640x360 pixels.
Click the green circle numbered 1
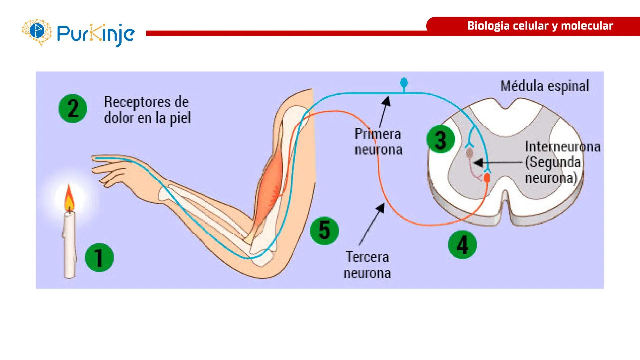pyautogui.click(x=99, y=257)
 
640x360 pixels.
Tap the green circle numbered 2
pyautogui.click(x=73, y=108)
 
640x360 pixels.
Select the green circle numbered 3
pyautogui.click(x=441, y=139)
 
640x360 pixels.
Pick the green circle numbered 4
pyautogui.click(x=462, y=245)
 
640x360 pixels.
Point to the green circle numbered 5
pyautogui.click(x=324, y=230)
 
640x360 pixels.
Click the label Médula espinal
pyautogui.click(x=545, y=86)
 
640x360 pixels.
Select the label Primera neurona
pyautogui.click(x=378, y=142)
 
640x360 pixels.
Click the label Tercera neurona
pyautogui.click(x=367, y=265)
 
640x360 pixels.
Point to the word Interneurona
pyautogui.click(x=563, y=147)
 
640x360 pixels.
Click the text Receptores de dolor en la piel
pyautogui.click(x=147, y=110)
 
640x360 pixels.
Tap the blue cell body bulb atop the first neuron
pyautogui.click(x=404, y=82)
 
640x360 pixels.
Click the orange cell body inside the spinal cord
pyautogui.click(x=487, y=178)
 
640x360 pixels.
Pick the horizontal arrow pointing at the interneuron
pyautogui.click(x=497, y=163)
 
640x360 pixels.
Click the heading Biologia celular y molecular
pyautogui.click(x=540, y=26)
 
